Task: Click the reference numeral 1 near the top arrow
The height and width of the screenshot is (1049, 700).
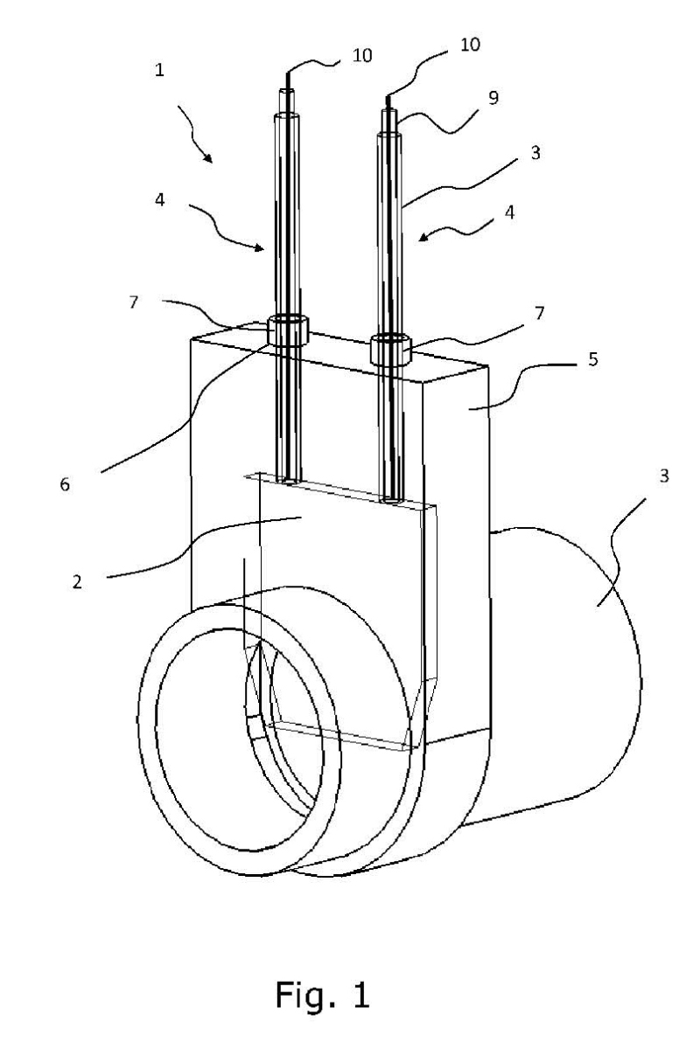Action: (159, 71)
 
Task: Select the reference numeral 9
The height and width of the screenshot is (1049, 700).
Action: (493, 99)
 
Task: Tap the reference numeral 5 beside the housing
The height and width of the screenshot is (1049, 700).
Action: (593, 359)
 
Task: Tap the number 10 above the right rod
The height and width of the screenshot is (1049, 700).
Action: (469, 44)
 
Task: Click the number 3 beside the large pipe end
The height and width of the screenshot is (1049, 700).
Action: (665, 476)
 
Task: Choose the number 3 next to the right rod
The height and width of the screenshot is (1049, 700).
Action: (535, 152)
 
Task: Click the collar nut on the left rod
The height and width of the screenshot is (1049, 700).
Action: (288, 331)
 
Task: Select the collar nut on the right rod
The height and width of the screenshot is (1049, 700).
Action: (389, 350)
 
